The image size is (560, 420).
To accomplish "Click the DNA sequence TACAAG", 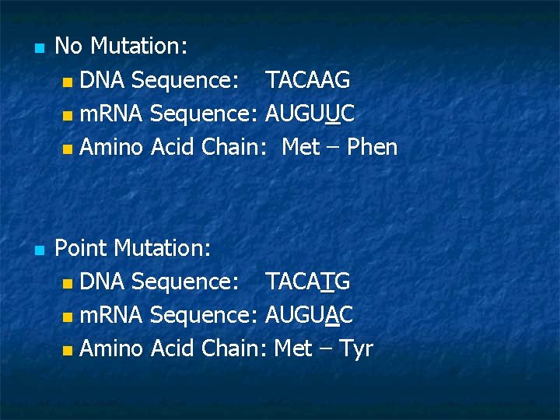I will (307, 80).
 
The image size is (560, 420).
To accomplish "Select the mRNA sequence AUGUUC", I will (310, 114).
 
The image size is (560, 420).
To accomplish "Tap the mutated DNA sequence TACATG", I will (307, 282).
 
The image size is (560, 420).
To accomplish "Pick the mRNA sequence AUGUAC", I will (310, 315).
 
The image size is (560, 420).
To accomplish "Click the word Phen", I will (372, 147).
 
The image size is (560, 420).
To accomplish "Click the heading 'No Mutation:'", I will (121, 47).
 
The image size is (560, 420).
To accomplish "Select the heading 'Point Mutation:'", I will (133, 248).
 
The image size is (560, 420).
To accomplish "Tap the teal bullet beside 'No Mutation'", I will (39, 48).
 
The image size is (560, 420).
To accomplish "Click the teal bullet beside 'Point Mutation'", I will (39, 250).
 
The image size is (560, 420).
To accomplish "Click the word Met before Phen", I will (301, 147).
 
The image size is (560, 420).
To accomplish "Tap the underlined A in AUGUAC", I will (331, 315).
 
